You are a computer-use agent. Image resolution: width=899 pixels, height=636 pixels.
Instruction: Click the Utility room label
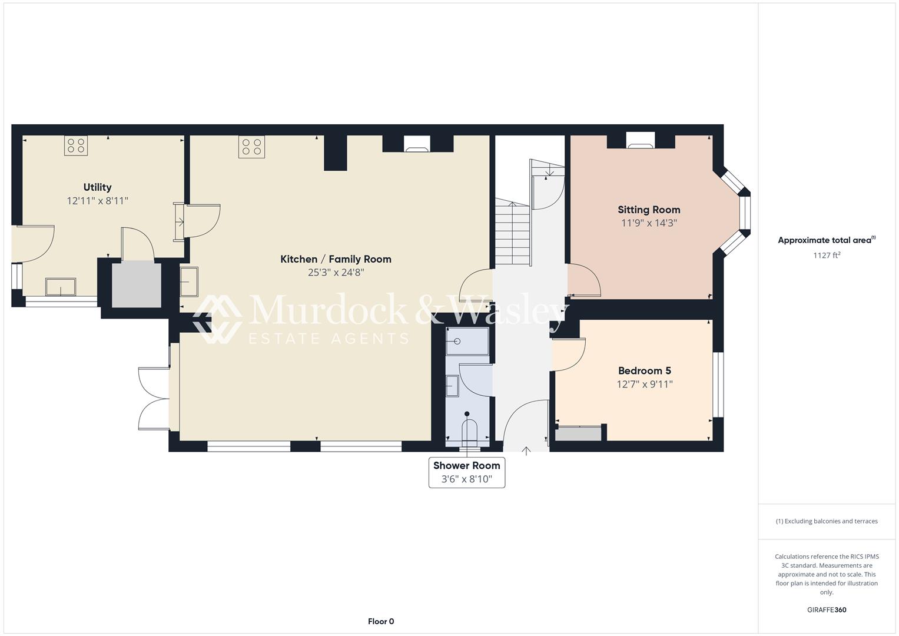click(x=97, y=187)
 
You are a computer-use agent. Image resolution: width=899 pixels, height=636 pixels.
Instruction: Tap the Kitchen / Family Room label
click(x=336, y=259)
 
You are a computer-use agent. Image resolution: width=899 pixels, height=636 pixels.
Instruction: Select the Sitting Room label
click(x=649, y=210)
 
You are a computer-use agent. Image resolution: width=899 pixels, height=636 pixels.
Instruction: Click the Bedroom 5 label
click(x=645, y=370)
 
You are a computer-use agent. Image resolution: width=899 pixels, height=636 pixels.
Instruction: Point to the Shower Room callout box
click(x=467, y=472)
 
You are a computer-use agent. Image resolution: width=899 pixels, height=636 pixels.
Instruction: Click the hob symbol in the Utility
click(x=76, y=145)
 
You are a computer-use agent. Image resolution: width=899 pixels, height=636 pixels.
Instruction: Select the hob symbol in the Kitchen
click(x=251, y=147)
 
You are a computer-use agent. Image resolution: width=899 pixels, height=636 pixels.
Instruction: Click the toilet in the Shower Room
click(x=468, y=429)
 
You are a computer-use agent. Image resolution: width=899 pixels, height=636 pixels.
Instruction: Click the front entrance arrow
click(x=526, y=450)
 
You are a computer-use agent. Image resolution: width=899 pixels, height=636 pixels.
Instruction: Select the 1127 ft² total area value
click(x=827, y=255)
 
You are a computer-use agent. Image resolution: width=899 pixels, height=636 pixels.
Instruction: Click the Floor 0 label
click(x=381, y=621)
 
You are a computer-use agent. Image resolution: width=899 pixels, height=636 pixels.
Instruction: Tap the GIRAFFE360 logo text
click(x=827, y=609)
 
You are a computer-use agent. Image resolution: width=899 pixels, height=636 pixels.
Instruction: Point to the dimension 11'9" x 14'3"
click(x=649, y=223)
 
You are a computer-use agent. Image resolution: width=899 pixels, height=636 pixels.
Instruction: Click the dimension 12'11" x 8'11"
click(x=97, y=201)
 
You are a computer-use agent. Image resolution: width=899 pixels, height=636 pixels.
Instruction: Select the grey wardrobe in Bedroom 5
click(x=578, y=433)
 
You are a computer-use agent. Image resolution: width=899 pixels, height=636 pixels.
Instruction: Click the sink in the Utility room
click(x=61, y=287)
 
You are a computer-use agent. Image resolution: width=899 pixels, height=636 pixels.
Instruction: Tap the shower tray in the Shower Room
click(x=467, y=342)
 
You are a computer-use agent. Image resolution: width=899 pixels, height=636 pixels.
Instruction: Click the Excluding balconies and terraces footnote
click(x=827, y=521)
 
